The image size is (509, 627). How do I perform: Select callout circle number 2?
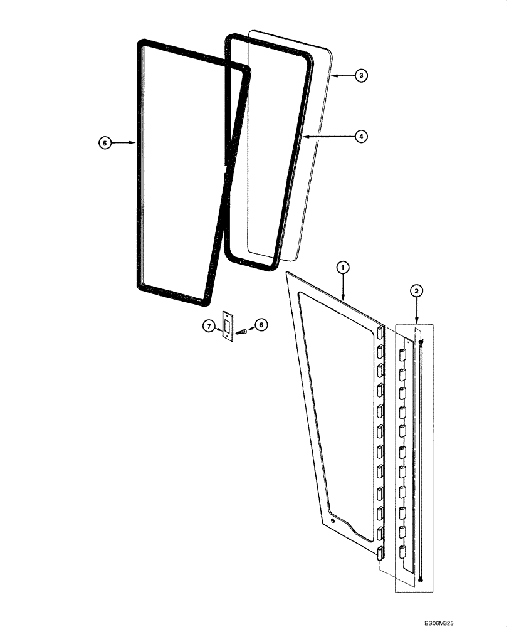[416, 290]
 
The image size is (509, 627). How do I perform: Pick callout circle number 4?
[361, 135]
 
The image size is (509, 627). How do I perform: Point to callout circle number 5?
[105, 143]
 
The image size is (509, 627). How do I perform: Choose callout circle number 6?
[261, 325]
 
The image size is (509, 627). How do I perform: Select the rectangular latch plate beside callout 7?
[227, 327]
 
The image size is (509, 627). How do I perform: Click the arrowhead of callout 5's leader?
[136, 143]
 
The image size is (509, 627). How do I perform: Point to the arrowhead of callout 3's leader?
[332, 75]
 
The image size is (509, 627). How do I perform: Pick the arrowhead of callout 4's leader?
[303, 135]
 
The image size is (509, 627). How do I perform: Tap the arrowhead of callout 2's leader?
[417, 323]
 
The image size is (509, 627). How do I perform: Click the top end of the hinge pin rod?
[422, 342]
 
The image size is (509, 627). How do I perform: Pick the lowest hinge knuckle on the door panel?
[380, 552]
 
